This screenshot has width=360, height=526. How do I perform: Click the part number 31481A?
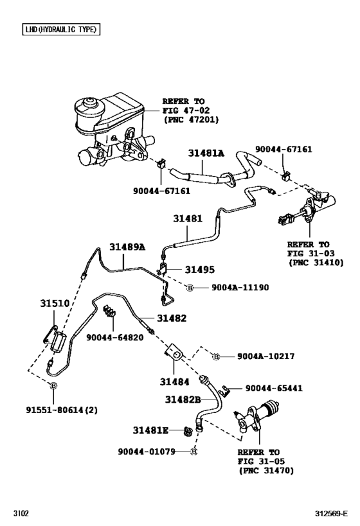pyautogui.click(x=206, y=154)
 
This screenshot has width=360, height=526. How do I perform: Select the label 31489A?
pyautogui.click(x=127, y=247)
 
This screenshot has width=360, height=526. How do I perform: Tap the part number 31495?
pyautogui.click(x=200, y=270)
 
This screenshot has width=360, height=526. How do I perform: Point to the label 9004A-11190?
pyautogui.click(x=234, y=288)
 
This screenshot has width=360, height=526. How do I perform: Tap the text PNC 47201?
pyautogui.click(x=191, y=119)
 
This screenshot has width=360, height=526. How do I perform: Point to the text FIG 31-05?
pyautogui.click(x=259, y=460)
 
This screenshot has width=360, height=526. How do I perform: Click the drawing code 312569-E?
pyautogui.click(x=333, y=514)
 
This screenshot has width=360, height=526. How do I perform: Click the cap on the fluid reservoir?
pyautogui.click(x=87, y=104)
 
